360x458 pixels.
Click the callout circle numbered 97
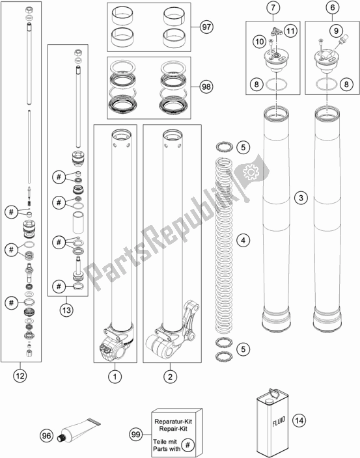[x=206, y=27]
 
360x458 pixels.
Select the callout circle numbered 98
[x=206, y=87]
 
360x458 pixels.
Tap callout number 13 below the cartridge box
[x=66, y=310]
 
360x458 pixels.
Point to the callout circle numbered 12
[x=20, y=375]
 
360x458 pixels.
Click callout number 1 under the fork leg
[x=115, y=377]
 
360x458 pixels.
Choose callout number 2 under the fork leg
[x=171, y=377]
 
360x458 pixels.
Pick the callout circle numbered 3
[x=301, y=198]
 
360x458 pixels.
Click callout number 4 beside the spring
[x=243, y=241]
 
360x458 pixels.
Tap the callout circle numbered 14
[x=299, y=421]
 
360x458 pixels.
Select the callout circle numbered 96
[x=46, y=436]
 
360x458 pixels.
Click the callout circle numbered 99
[x=136, y=435]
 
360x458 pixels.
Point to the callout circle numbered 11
[x=290, y=31]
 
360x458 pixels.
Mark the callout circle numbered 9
[x=336, y=31]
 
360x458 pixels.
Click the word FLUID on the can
[x=279, y=421]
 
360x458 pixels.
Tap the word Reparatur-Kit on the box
[x=173, y=422]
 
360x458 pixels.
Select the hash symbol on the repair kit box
[x=188, y=445]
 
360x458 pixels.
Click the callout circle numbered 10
[x=260, y=42]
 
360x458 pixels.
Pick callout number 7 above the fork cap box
[x=273, y=7]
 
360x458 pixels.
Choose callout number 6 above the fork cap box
[x=333, y=7]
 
